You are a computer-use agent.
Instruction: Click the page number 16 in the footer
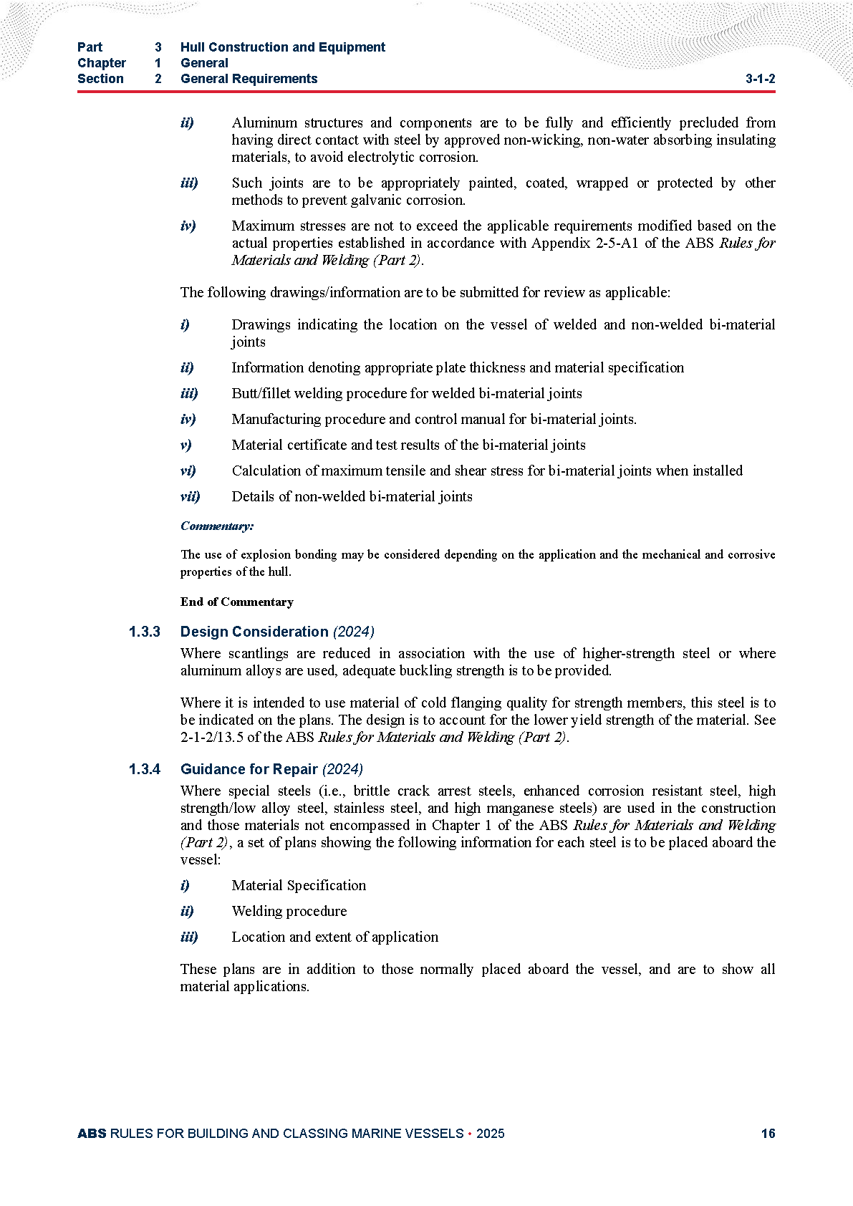tap(768, 1133)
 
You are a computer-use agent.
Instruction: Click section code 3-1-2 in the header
tap(760, 79)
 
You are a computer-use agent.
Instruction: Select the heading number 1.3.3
tap(145, 632)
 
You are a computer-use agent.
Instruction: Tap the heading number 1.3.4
tap(145, 769)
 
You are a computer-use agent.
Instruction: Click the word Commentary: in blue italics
tap(216, 526)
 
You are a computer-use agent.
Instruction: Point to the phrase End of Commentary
tap(236, 602)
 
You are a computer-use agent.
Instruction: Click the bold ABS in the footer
tap(92, 1133)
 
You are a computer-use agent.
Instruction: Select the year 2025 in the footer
tap(490, 1133)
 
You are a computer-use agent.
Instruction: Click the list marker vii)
tap(190, 496)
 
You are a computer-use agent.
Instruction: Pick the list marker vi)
tap(188, 471)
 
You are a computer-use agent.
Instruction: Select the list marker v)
tap(185, 445)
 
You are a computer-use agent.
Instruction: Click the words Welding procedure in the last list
tap(289, 911)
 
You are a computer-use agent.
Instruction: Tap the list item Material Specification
tap(299, 885)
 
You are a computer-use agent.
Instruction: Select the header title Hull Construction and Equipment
tap(282, 47)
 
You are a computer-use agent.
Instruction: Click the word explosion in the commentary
tap(266, 554)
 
